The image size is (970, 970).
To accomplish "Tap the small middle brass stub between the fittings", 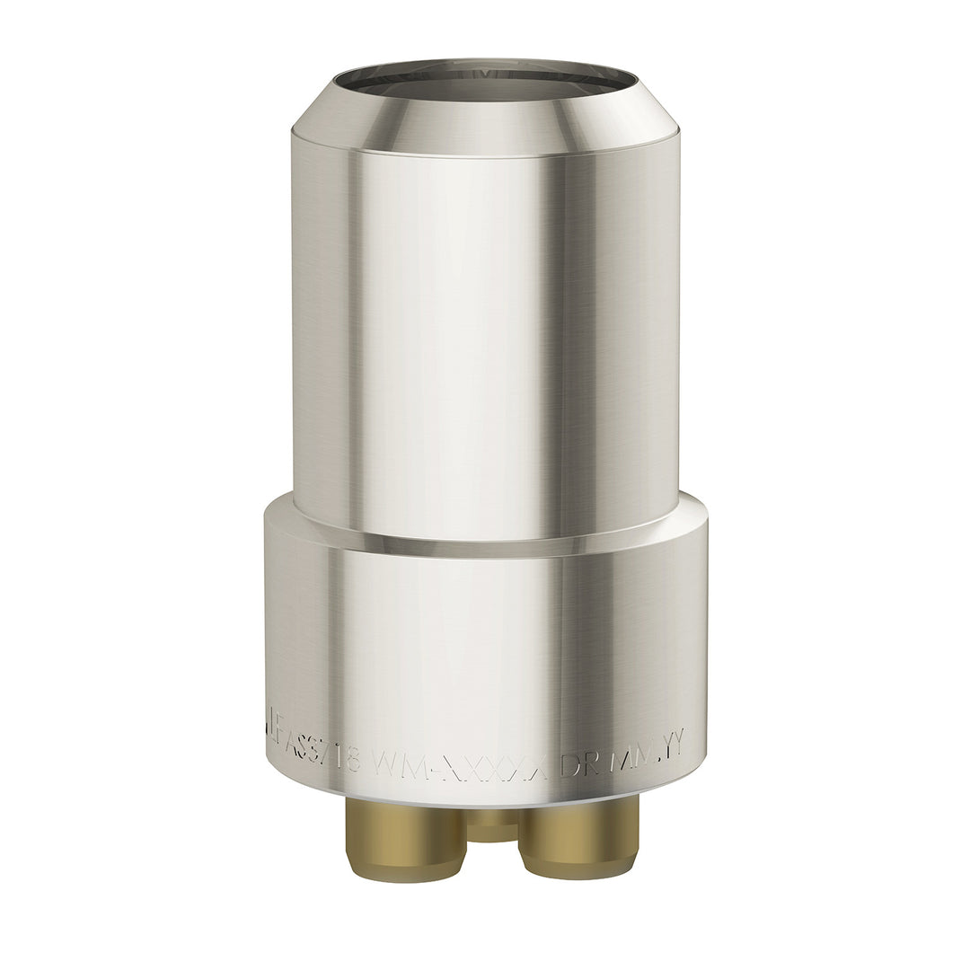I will tap(492, 822).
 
